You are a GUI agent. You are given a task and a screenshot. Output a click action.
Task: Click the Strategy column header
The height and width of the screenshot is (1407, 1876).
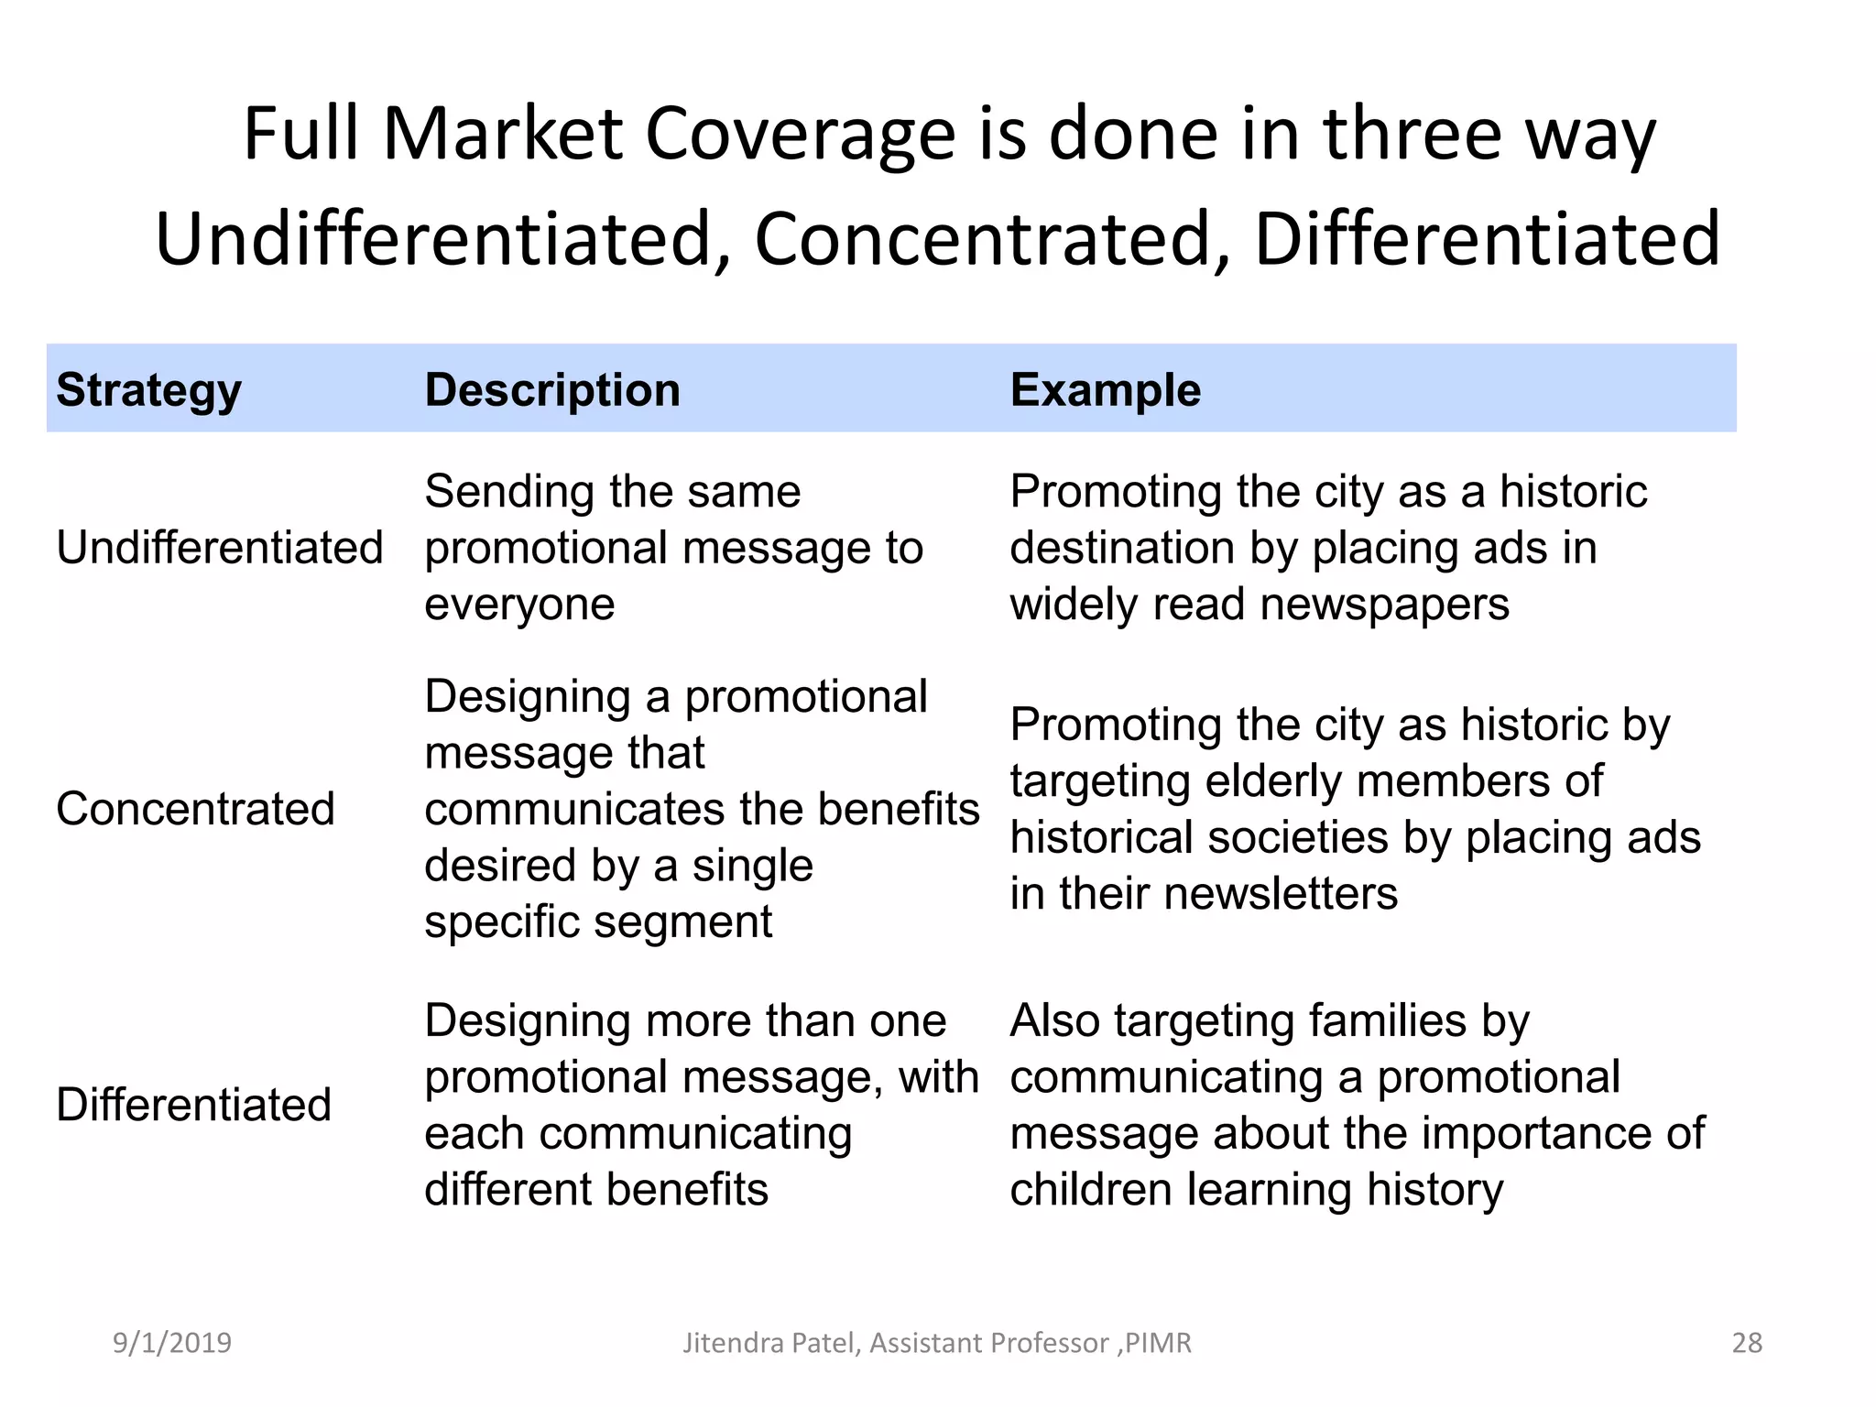[148, 391]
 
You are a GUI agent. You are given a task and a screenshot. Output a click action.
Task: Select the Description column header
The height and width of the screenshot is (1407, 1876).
[552, 391]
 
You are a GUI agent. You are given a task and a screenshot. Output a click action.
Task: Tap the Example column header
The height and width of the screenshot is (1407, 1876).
[1105, 391]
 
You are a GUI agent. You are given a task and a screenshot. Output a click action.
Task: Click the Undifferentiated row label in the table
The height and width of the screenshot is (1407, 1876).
[219, 548]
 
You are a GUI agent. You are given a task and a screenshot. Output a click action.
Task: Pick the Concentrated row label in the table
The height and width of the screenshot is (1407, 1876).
[195, 809]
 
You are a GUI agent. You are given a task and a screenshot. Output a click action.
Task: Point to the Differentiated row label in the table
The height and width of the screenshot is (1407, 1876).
[193, 1105]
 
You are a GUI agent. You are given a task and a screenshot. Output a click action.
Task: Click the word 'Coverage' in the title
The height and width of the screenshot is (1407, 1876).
[801, 135]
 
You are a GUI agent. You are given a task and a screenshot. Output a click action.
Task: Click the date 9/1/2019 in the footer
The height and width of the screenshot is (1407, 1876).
[171, 1343]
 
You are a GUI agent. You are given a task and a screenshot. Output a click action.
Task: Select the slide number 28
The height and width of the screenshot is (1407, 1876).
[1747, 1343]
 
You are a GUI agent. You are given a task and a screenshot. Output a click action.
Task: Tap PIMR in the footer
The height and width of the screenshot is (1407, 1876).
[1158, 1343]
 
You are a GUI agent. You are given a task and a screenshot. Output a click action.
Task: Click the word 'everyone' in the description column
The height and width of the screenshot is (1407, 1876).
[519, 605]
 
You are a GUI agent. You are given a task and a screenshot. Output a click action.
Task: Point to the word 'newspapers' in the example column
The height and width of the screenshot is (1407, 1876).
[1384, 605]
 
